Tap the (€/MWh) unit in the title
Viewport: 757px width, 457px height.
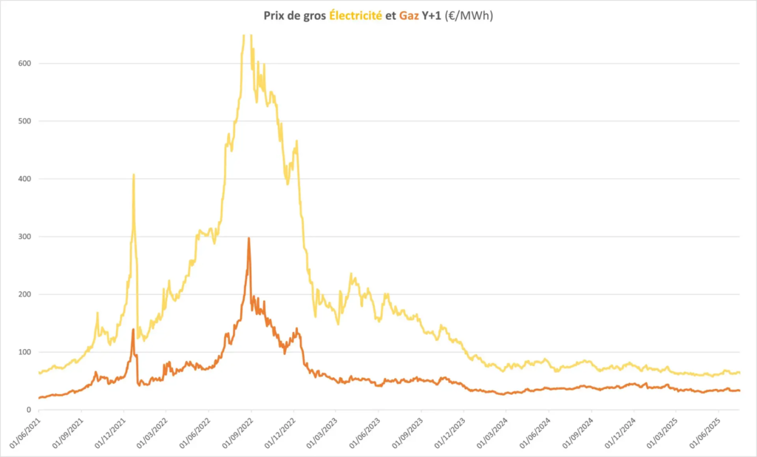pyautogui.click(x=468, y=15)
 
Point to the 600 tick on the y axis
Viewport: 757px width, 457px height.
pyautogui.click(x=25, y=64)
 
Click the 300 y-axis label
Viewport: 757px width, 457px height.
pyautogui.click(x=25, y=237)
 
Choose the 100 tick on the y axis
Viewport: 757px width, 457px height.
pyautogui.click(x=25, y=352)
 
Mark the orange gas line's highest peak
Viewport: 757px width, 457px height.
pyautogui.click(x=248, y=238)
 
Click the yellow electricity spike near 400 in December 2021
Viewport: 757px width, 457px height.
pyautogui.click(x=134, y=175)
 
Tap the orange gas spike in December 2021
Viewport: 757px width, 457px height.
pyautogui.click(x=133, y=329)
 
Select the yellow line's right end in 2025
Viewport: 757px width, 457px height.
pyautogui.click(x=739, y=372)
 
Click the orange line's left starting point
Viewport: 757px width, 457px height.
pyautogui.click(x=39, y=398)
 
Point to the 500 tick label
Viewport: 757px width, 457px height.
pyautogui.click(x=25, y=121)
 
